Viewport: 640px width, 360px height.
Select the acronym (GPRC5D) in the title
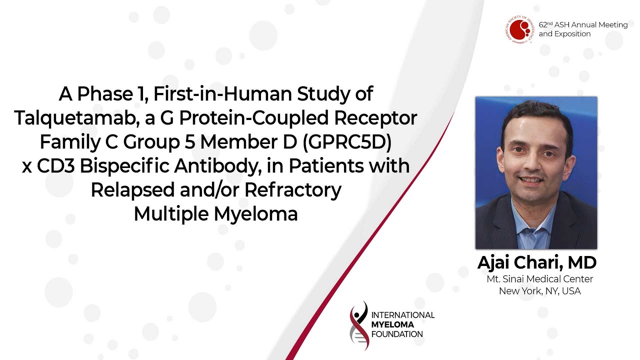(x=347, y=142)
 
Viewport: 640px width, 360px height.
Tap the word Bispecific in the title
(x=124, y=166)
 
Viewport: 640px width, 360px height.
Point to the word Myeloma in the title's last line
(x=255, y=214)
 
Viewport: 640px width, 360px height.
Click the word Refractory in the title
(x=293, y=190)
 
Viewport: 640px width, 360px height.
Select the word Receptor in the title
(x=375, y=118)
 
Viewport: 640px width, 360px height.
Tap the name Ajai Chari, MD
(x=537, y=262)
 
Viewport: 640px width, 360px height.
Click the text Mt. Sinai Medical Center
(x=539, y=279)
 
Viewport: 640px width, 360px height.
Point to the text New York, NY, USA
(x=539, y=291)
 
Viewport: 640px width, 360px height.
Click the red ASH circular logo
(x=519, y=29)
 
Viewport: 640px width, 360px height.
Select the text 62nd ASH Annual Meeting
(x=583, y=25)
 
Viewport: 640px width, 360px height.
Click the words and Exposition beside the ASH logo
(x=564, y=33)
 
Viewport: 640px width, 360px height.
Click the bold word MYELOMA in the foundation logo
(x=392, y=324)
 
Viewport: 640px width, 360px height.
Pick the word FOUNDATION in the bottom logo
(x=397, y=334)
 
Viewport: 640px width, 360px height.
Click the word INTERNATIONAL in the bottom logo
(x=403, y=315)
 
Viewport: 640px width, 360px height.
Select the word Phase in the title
(x=105, y=93)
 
